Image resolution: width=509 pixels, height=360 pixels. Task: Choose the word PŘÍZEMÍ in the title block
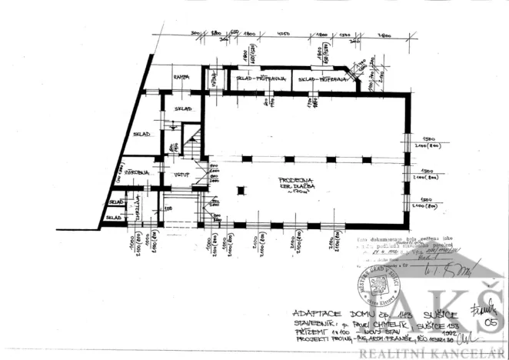308,332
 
